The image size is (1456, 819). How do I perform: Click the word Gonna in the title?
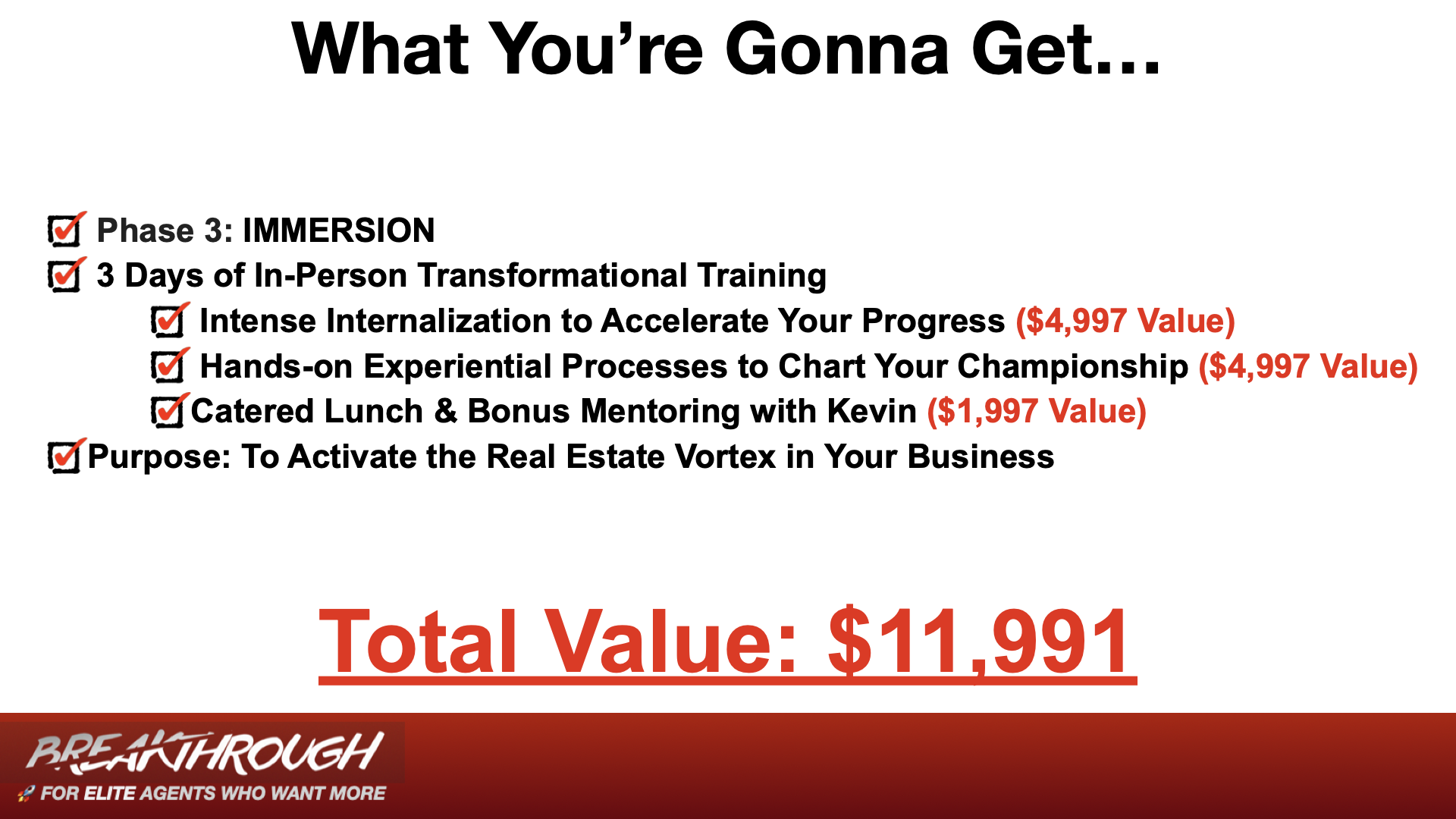tap(837, 49)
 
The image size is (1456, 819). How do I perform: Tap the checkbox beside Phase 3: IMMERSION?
tap(66, 230)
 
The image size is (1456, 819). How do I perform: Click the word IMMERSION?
tap(339, 231)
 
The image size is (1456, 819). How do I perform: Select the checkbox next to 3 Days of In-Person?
tap(66, 275)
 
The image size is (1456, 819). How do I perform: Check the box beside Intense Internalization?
tap(169, 321)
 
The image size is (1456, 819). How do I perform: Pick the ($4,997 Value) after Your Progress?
tap(1125, 321)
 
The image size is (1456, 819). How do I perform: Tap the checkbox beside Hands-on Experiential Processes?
tap(169, 366)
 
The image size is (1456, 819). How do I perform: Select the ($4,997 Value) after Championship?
tap(1308, 366)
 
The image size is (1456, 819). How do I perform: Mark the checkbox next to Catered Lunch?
tap(169, 411)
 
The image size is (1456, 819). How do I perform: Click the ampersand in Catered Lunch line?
tap(446, 412)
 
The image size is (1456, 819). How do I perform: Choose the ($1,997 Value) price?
tap(1037, 412)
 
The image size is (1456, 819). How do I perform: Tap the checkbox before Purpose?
tap(66, 456)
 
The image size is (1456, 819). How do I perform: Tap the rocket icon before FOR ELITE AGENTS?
tap(27, 794)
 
